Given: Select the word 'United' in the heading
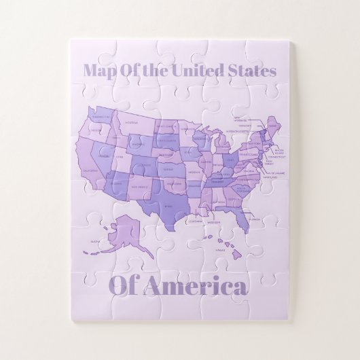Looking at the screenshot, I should pos(198,70).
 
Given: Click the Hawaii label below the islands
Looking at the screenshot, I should pos(219,250).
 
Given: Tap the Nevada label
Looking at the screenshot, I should pos(103,156).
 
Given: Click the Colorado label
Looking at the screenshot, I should pos(143,165).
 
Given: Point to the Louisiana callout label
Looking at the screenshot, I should pos(195,221).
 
